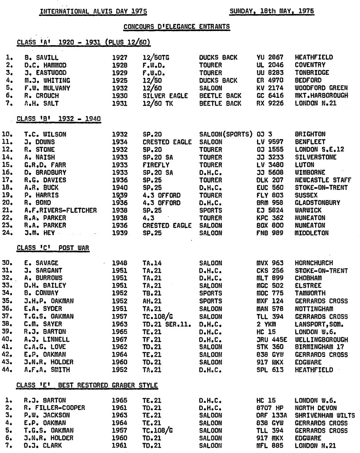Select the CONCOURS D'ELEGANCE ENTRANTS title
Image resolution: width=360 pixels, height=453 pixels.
177,27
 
